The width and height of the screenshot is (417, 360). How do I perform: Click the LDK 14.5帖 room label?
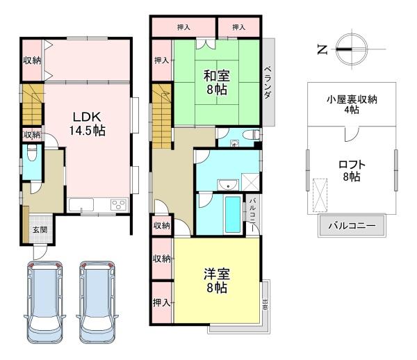tap(86, 122)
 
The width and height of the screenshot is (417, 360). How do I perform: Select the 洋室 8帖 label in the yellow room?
tap(216, 279)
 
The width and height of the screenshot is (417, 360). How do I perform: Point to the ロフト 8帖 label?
tap(352, 171)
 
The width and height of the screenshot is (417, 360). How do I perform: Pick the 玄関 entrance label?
tap(39, 231)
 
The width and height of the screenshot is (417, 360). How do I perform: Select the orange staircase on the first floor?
tap(31, 104)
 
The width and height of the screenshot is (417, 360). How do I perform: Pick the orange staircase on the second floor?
tap(162, 115)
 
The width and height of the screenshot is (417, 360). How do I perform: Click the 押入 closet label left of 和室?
tap(161, 60)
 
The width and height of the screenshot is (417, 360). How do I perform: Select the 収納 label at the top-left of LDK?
tap(32, 60)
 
